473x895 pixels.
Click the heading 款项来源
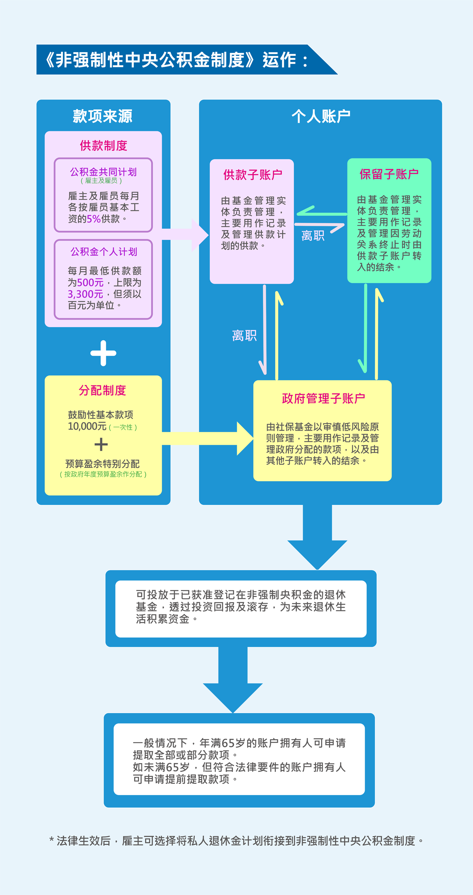tap(103, 116)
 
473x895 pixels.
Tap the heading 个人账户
tap(321, 116)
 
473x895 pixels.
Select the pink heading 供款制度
tap(103, 145)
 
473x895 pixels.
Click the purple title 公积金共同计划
tap(103, 172)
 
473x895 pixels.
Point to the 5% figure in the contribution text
tap(94, 219)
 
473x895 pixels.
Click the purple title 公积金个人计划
tap(104, 252)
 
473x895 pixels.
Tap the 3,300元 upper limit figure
tap(85, 294)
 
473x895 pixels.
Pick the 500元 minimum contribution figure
tap(90, 283)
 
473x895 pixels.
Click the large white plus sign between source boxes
tap(103, 353)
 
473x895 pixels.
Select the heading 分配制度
tap(103, 390)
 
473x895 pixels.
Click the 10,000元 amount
tap(87, 426)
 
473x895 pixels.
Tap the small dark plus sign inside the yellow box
tap(101, 444)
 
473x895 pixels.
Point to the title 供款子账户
tap(253, 175)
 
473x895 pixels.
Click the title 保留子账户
tap(389, 174)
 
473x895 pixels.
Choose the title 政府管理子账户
tap(324, 398)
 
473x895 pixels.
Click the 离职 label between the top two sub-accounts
tap(313, 236)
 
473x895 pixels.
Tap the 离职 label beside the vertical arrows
tap(244, 336)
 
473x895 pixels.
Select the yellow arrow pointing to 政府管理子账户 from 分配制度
tap(208, 438)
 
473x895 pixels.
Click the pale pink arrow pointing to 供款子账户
tap(185, 235)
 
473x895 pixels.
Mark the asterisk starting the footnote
tap(51, 840)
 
